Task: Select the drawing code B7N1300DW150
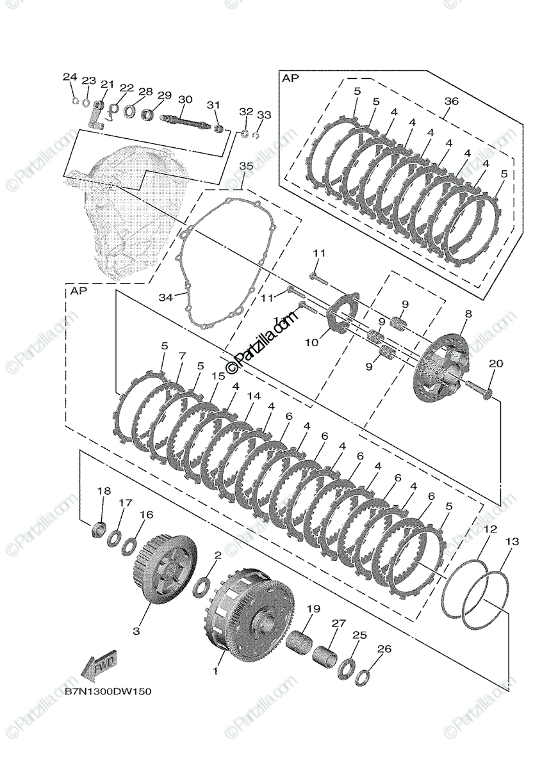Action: pos(108,692)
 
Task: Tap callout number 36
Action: pos(452,101)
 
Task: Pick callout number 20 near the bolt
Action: pos(495,364)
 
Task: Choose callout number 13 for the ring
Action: pos(513,542)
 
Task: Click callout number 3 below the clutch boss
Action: pos(136,631)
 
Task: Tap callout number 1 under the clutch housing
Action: pos(215,671)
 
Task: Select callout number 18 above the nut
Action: pos(104,491)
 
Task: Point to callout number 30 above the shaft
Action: pos(185,99)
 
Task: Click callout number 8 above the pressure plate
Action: pos(468,314)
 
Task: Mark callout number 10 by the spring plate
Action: pos(311,342)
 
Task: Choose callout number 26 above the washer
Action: pos(384,649)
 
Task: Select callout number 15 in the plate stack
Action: pos(218,376)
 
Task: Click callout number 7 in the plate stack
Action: pos(182,355)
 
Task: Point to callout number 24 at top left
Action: pos(69,77)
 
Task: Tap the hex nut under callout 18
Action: pos(100,529)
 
